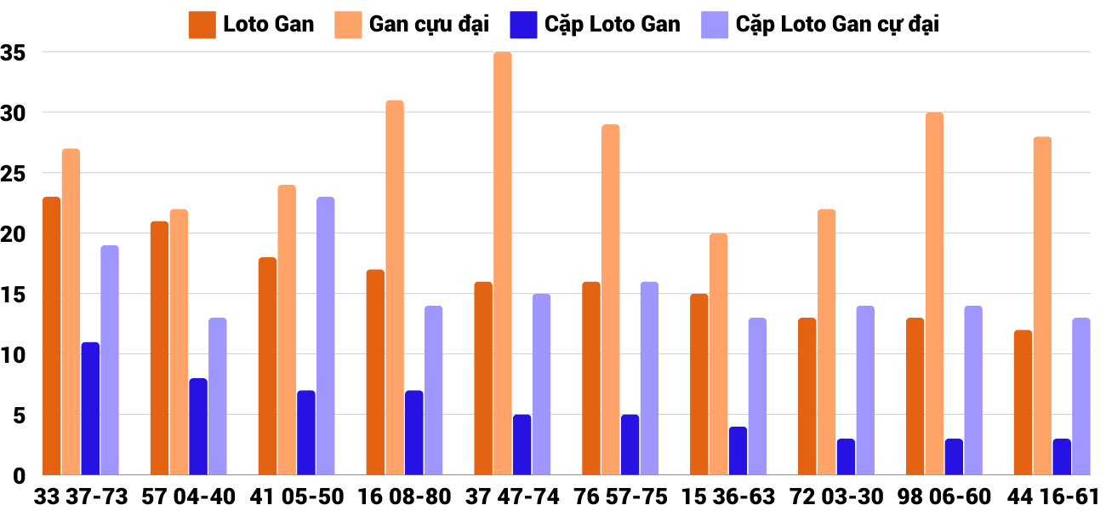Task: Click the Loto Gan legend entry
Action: (x=252, y=24)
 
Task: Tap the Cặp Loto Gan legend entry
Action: (x=596, y=24)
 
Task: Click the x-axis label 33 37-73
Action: (x=81, y=497)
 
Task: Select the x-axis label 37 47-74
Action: (x=512, y=497)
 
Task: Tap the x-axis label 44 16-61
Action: (x=1052, y=497)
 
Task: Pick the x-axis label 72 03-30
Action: (x=836, y=497)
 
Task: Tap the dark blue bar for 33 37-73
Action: (x=90, y=409)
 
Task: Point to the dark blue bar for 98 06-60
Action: (x=954, y=457)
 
